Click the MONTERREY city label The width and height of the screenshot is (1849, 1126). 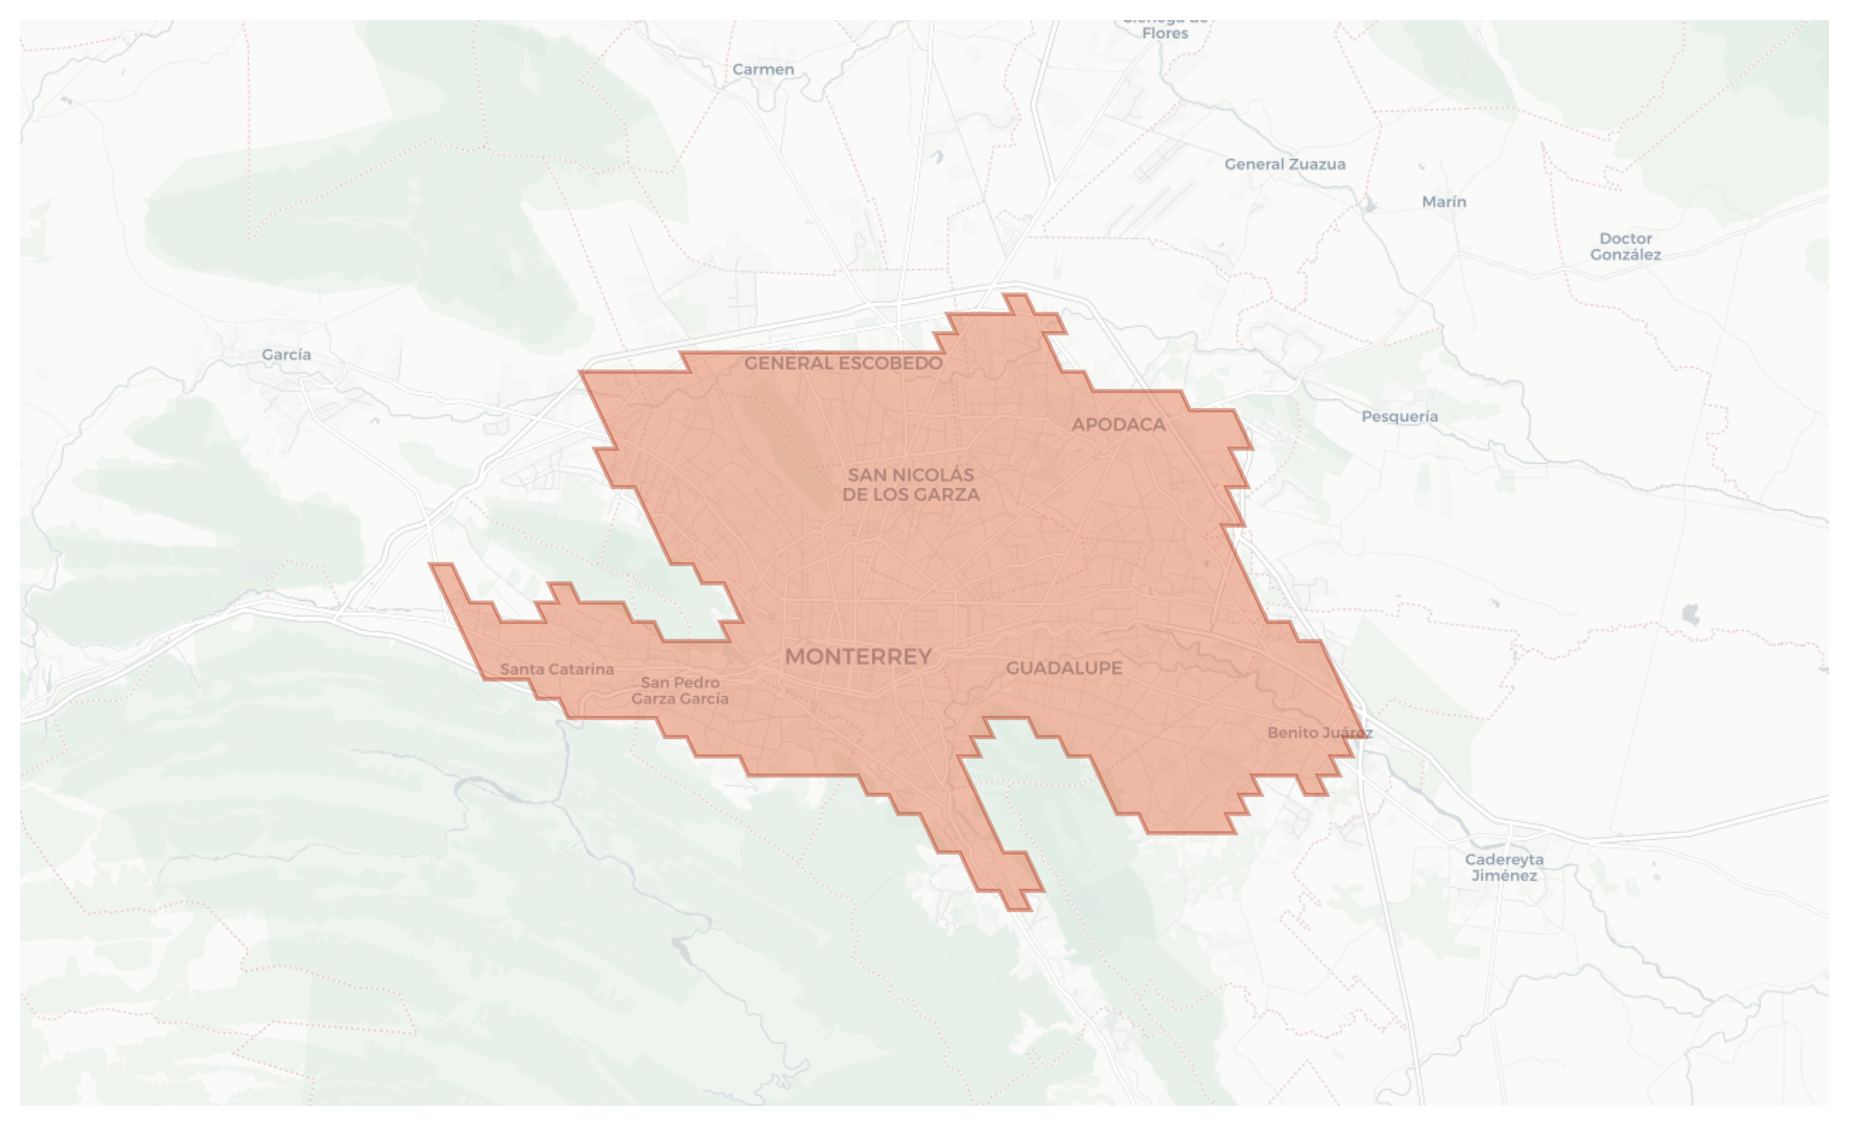click(858, 657)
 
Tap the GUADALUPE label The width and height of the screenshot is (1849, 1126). click(1064, 668)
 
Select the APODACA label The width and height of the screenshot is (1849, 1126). click(1118, 425)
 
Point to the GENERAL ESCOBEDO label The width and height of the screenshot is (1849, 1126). click(843, 363)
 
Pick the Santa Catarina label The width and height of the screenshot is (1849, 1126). click(557, 669)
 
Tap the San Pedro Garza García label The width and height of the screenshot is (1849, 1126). click(680, 690)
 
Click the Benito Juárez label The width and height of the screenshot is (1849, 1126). click(1320, 733)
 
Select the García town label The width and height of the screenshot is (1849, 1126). click(286, 355)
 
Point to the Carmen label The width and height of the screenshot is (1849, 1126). click(762, 70)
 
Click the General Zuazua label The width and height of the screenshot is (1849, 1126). click(1285, 164)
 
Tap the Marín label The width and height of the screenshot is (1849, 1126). click(1444, 202)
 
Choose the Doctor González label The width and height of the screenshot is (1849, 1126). click(1625, 246)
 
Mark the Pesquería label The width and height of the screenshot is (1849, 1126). click(1399, 417)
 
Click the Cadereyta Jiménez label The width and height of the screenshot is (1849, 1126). click(1504, 867)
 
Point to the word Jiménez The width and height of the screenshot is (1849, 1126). click(1504, 875)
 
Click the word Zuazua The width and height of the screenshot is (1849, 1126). click(1316, 164)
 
